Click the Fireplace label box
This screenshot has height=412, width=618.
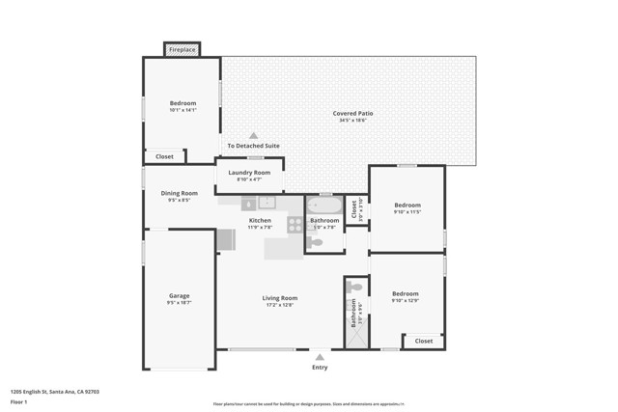point(183,49)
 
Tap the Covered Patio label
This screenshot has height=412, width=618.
point(352,114)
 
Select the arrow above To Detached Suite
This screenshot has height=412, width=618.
point(254,136)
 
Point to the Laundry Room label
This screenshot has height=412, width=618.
point(249,173)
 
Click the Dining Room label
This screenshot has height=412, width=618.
point(179,193)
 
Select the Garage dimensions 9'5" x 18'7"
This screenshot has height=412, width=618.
point(179,303)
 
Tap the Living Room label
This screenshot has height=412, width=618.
point(279,298)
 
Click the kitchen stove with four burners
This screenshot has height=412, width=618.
point(295,225)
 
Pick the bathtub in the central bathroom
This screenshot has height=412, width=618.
point(323,205)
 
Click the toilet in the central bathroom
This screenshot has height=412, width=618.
point(315,241)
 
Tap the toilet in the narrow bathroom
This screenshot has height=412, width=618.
point(354,288)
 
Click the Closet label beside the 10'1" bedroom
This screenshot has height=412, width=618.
point(164,155)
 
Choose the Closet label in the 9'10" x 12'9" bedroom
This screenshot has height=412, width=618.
point(423,341)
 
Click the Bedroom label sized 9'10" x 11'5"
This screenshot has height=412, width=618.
point(407,206)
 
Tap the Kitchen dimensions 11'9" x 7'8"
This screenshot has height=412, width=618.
point(260,228)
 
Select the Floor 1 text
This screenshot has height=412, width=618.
point(18,401)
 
